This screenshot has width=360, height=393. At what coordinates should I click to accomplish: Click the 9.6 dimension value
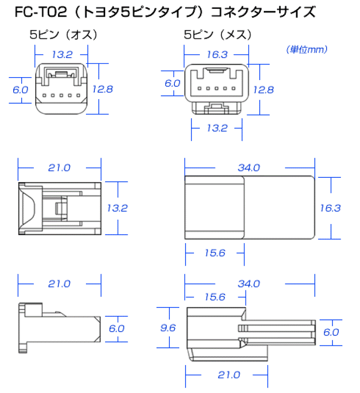(168, 328)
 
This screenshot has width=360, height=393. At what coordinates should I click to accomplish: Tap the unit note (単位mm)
(306, 50)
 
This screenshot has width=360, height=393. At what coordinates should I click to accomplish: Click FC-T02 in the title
(41, 12)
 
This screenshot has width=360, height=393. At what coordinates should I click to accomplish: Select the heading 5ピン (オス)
(63, 34)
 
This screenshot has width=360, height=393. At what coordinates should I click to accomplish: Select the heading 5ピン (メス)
(218, 34)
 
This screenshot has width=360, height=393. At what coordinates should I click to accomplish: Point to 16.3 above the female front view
(217, 55)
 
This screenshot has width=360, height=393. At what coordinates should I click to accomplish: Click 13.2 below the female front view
(217, 128)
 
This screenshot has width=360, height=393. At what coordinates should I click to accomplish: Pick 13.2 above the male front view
(62, 55)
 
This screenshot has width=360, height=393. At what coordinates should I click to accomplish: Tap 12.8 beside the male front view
(103, 89)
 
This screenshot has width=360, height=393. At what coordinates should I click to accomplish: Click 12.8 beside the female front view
(263, 90)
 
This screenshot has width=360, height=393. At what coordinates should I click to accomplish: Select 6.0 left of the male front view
(20, 90)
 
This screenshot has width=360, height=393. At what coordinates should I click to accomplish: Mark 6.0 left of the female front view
(172, 83)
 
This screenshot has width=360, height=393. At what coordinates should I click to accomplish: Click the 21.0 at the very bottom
(229, 375)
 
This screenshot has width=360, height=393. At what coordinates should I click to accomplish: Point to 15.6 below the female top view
(215, 253)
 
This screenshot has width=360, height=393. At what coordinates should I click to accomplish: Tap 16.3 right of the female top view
(330, 208)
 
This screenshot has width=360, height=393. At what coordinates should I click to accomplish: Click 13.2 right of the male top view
(117, 208)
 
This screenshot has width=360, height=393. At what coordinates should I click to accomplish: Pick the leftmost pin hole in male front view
(44, 95)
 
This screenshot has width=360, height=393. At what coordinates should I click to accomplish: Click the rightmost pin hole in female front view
(233, 88)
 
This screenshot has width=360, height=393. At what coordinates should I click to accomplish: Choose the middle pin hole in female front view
(217, 88)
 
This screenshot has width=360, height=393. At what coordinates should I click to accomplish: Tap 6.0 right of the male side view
(116, 328)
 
